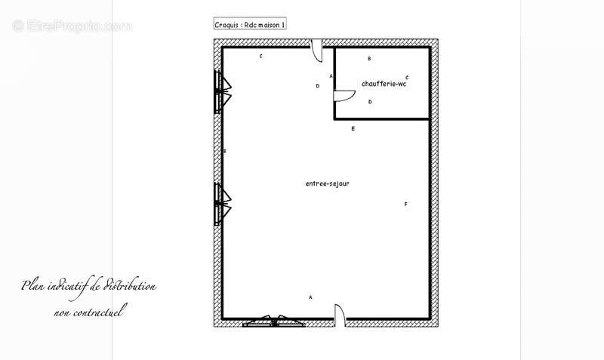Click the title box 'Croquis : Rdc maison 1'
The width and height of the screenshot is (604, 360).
[x=250, y=24]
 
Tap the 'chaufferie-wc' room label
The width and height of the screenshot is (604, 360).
[x=384, y=84]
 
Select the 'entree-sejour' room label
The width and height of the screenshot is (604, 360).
[x=328, y=183]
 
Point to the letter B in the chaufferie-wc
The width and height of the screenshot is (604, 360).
[x=369, y=59]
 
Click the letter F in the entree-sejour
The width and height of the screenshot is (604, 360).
[x=405, y=204]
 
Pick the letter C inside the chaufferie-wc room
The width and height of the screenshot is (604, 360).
[x=407, y=78]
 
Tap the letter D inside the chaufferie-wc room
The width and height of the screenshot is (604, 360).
[x=370, y=102]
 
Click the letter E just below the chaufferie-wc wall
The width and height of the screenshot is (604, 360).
[x=353, y=128]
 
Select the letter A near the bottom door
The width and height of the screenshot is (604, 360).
[x=310, y=297]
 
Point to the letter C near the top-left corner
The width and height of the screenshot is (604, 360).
[x=260, y=56]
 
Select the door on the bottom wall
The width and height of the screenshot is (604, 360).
[x=340, y=314]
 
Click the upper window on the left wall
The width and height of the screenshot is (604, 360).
[x=222, y=91]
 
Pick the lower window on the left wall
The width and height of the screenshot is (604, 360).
[x=222, y=204]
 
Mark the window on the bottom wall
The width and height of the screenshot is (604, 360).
[x=274, y=322]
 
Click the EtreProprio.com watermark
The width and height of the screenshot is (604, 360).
[x=72, y=26]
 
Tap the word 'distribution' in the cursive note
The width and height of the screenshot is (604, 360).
[x=130, y=286]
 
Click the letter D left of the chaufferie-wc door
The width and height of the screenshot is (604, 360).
[x=317, y=86]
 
